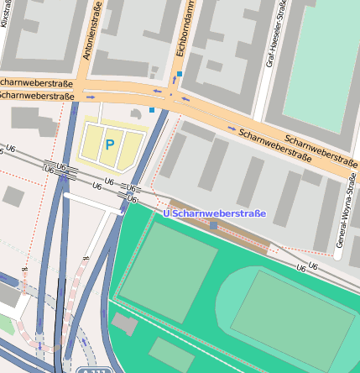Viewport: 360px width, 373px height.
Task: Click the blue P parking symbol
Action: point(109,144)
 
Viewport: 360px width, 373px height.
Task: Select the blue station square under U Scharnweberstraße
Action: point(214,225)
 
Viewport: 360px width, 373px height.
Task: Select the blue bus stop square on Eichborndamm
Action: point(179,75)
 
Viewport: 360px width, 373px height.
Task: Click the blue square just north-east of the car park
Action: point(151,109)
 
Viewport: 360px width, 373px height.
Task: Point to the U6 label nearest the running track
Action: point(313,266)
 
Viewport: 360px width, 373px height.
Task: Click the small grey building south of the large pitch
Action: point(125,323)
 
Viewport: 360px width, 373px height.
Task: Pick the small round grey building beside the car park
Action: point(136,113)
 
